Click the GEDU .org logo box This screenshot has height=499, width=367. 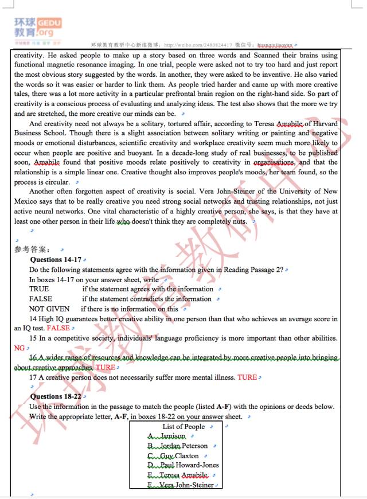coord(49,27)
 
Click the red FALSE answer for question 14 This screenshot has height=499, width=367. coord(58,328)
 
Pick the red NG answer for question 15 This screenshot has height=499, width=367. coord(19,348)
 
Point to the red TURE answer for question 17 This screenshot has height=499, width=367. coord(247,377)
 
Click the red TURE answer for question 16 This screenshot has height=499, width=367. coord(105,367)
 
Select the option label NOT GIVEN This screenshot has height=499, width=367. coord(49,309)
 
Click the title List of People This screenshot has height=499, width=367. coord(183,426)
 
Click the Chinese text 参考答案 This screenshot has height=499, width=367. coord(32,249)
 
